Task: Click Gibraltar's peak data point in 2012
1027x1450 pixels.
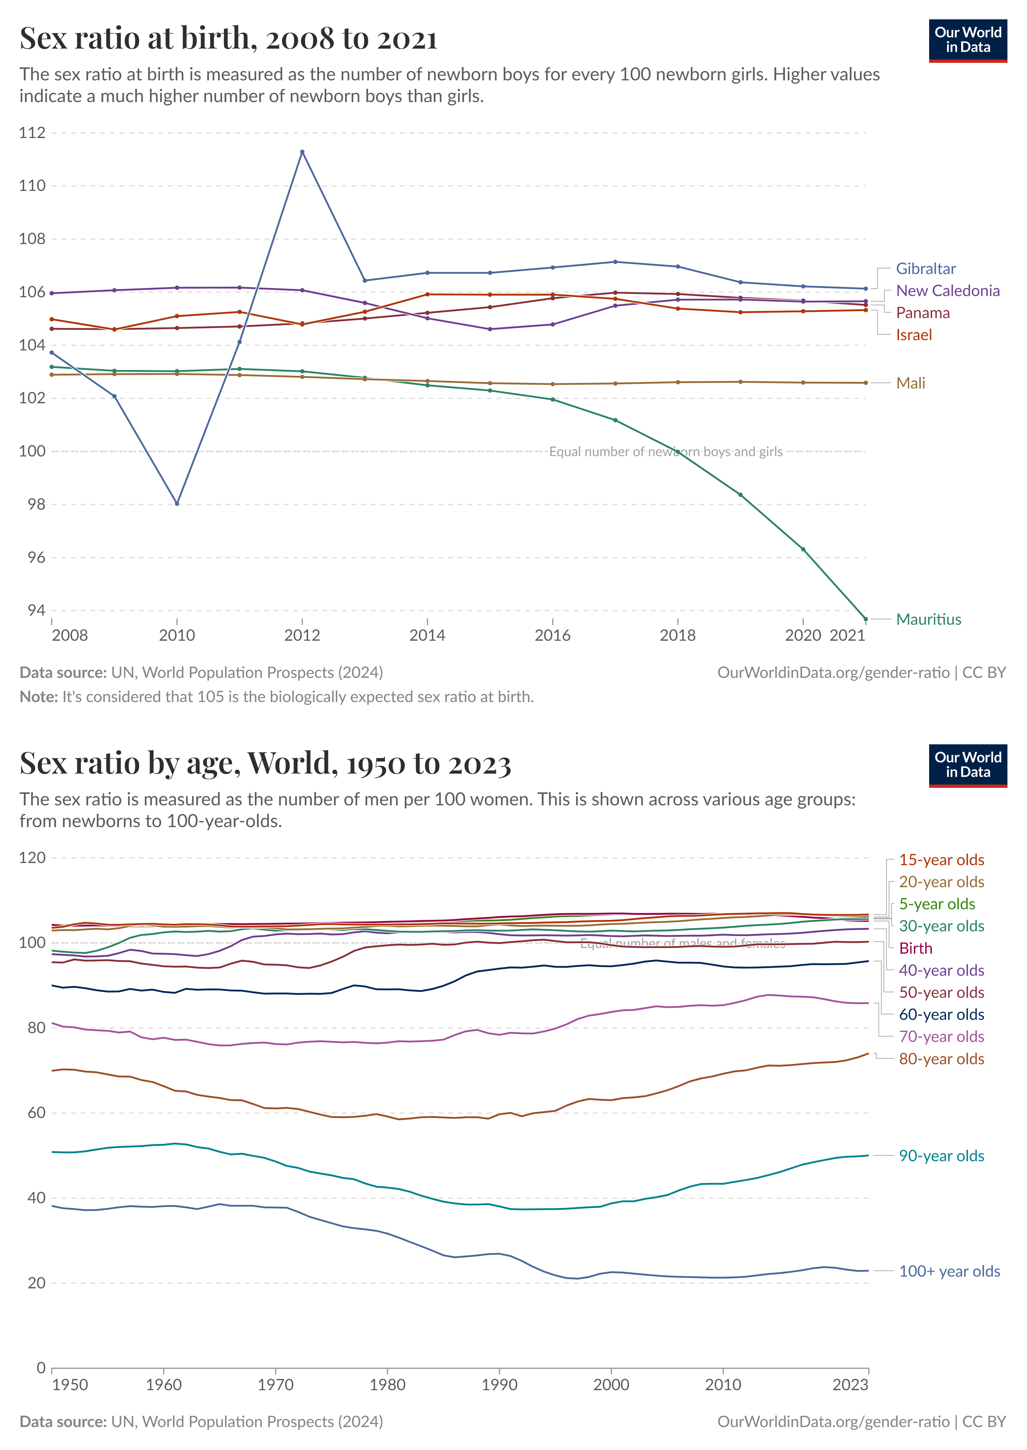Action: (302, 152)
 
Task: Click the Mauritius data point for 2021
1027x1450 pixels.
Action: (866, 619)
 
